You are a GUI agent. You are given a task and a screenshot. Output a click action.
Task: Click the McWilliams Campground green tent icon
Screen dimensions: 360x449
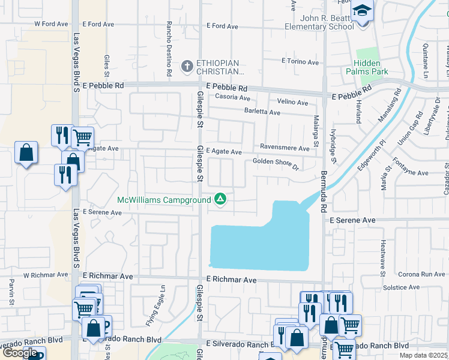point(220,199)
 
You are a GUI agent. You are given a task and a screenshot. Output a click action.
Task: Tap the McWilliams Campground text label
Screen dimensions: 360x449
point(164,200)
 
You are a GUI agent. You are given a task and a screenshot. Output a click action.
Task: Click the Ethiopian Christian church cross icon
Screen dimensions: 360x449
point(187,67)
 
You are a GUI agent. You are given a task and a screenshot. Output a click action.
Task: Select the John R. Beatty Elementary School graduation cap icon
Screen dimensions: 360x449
point(362,10)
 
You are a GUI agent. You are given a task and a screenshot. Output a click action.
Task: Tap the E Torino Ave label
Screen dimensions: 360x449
point(300,62)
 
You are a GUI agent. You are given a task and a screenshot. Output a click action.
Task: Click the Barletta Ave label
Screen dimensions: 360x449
point(262,112)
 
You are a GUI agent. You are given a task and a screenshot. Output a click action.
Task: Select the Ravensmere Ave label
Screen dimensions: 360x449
point(285,147)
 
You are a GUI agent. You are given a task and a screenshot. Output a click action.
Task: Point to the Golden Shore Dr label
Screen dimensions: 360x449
point(276,161)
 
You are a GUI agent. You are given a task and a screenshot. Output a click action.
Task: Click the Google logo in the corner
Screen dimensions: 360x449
point(20,353)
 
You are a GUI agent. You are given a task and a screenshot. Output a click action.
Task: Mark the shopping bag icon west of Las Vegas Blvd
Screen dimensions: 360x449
point(26,152)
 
